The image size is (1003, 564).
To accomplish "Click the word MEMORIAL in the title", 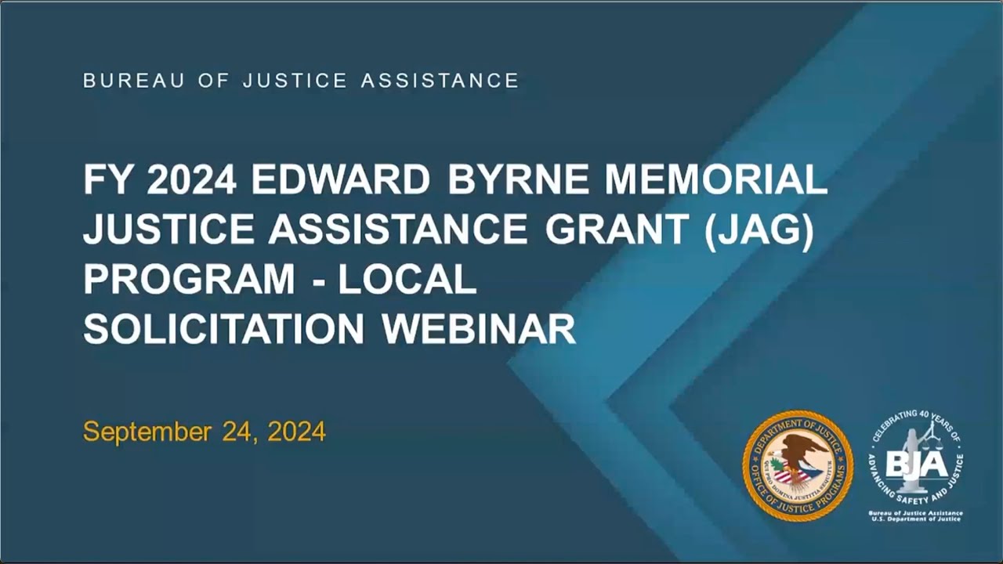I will [x=716, y=181].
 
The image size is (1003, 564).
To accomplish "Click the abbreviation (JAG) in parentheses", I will [x=759, y=230].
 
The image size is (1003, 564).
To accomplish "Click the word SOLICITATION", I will [x=224, y=329].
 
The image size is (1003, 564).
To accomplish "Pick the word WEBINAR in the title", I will [x=479, y=329].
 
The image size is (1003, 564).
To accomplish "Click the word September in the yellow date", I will [x=147, y=432].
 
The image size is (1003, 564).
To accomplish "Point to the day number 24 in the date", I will [x=236, y=432].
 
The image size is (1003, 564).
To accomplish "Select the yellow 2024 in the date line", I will [x=296, y=432].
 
